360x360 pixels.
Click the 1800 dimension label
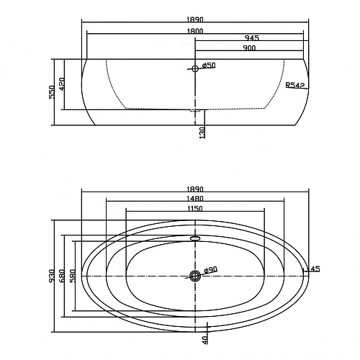(x=195, y=31)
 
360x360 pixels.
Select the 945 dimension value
(x=252, y=38)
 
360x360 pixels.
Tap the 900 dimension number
(x=249, y=48)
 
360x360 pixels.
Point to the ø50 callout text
(x=209, y=65)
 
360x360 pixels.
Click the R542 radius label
(x=295, y=85)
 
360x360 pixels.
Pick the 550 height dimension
(x=52, y=92)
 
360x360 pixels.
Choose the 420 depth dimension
(x=62, y=84)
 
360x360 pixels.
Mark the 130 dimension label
(x=202, y=132)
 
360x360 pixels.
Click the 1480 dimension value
(x=195, y=199)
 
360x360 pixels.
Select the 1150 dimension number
(x=195, y=209)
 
